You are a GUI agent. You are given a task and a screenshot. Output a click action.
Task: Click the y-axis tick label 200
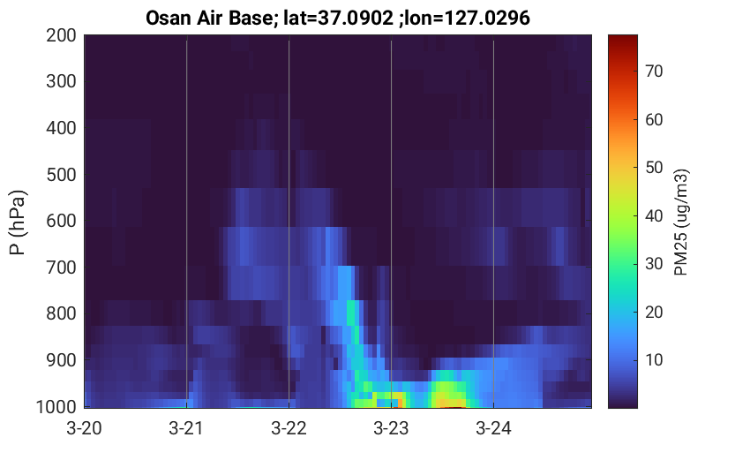click(x=61, y=35)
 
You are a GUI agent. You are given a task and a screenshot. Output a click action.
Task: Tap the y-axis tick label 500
click(x=61, y=175)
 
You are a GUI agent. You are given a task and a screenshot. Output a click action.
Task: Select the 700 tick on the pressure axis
click(x=61, y=268)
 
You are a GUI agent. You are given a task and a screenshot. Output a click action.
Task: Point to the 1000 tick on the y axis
click(x=56, y=407)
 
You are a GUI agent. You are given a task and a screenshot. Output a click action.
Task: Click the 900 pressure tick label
click(x=61, y=360)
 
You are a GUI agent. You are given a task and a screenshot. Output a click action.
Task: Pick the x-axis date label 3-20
click(x=85, y=428)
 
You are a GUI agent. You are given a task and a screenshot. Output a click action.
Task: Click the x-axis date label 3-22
click(x=289, y=428)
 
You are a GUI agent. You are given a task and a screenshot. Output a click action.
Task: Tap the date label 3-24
click(x=493, y=428)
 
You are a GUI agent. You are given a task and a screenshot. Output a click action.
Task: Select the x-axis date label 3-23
click(x=391, y=428)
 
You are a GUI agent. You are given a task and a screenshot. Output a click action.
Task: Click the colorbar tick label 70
click(x=654, y=72)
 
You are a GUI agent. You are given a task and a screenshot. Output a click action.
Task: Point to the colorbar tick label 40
click(x=654, y=216)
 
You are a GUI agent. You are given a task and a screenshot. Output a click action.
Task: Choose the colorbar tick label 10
click(x=654, y=360)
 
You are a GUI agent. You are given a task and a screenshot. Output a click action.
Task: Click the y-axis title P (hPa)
click(x=18, y=222)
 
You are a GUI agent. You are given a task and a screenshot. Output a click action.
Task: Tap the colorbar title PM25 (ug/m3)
click(x=681, y=222)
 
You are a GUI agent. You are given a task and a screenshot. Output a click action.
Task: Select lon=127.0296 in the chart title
click(x=468, y=19)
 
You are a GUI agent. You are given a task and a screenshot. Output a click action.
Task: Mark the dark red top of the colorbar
click(x=623, y=38)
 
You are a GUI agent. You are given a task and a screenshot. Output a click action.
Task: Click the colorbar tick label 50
click(x=654, y=168)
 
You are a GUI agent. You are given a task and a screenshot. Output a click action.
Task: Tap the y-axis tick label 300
click(x=61, y=81)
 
